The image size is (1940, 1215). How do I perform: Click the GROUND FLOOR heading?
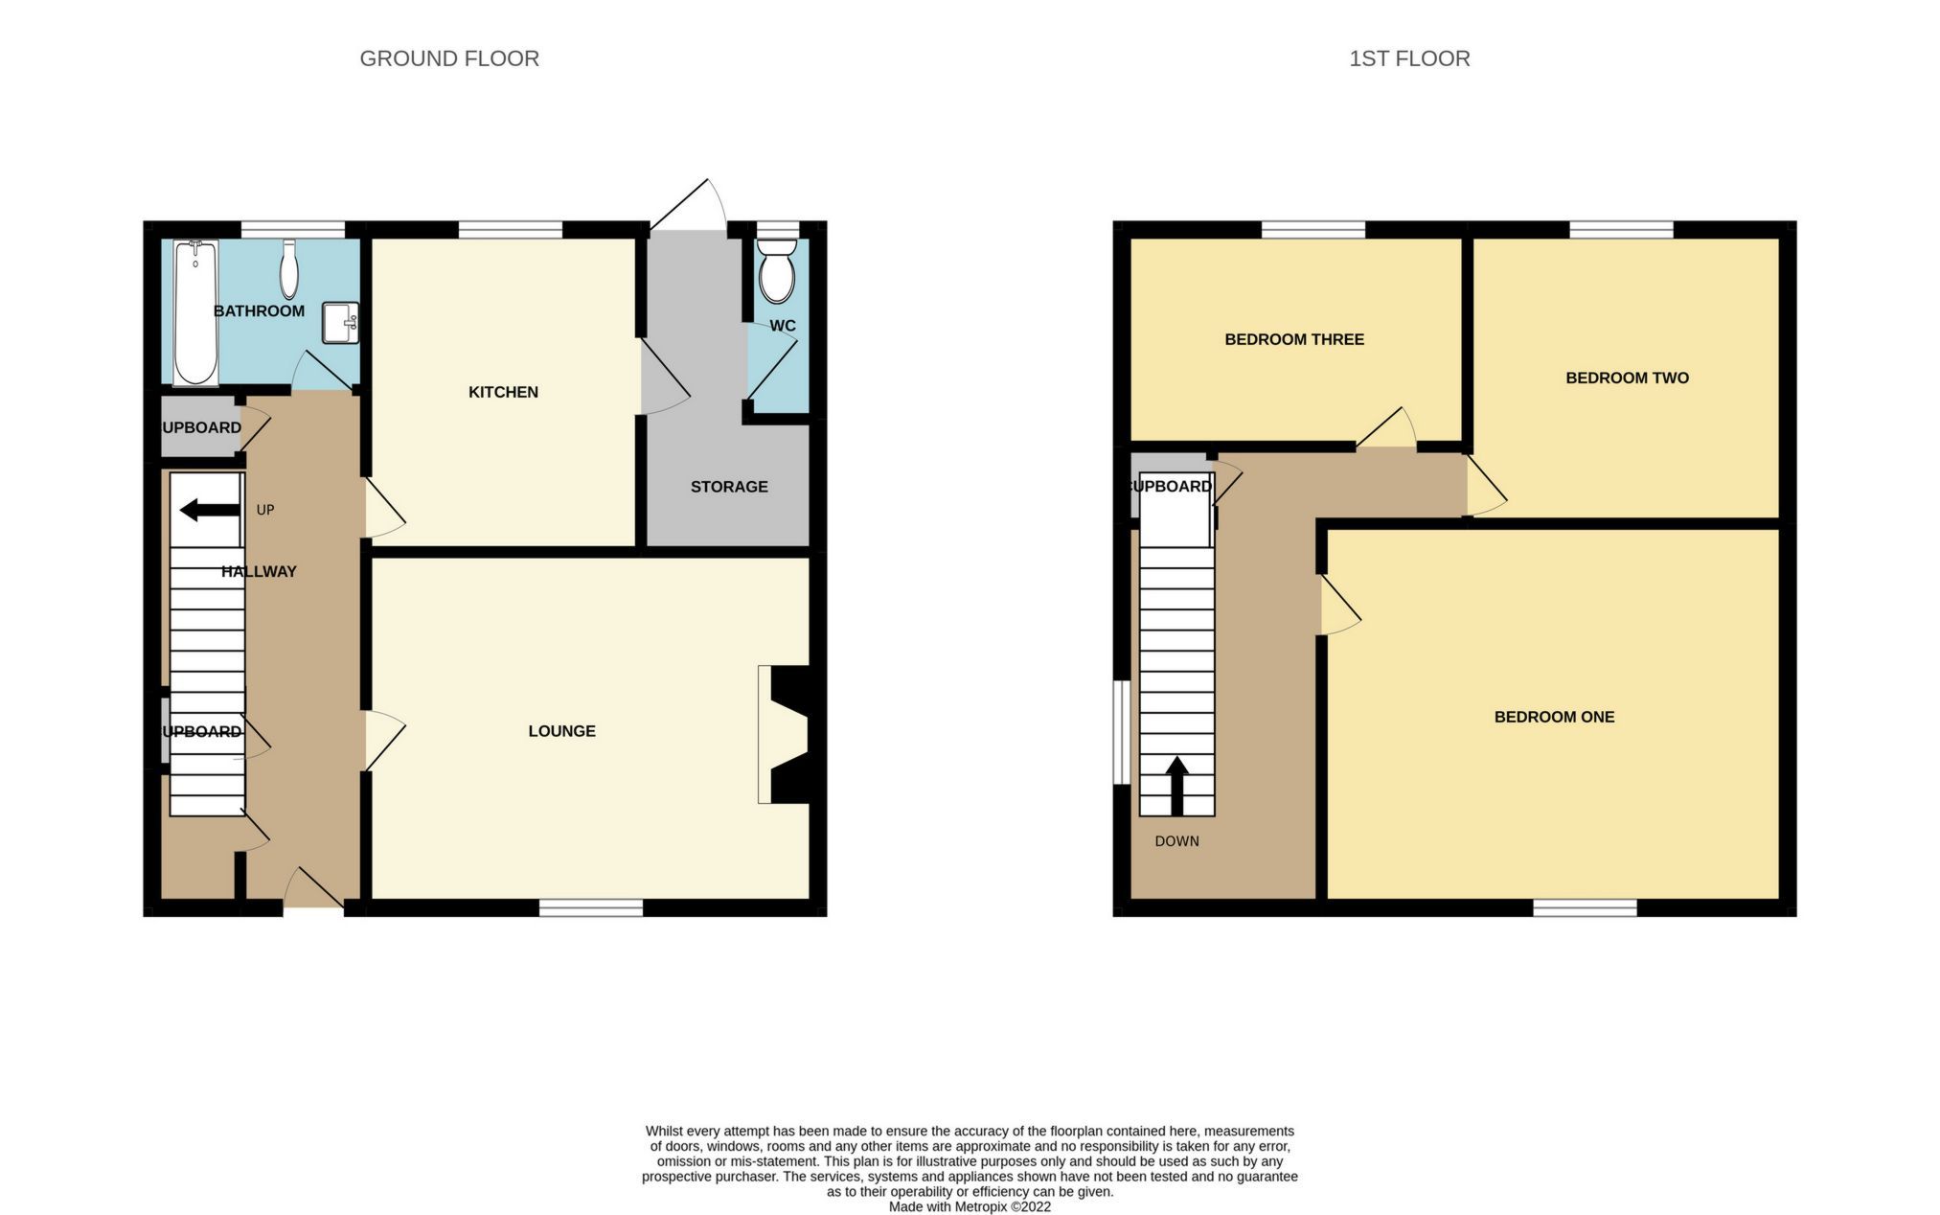tap(448, 58)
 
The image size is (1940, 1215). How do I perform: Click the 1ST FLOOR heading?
tap(1408, 58)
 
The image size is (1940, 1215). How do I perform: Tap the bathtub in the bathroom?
tap(195, 312)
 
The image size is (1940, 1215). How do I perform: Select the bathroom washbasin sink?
tap(339, 322)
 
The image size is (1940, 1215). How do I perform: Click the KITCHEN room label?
tap(503, 392)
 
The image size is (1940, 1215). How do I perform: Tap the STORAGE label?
tap(729, 487)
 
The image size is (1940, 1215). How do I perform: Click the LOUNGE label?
tap(561, 731)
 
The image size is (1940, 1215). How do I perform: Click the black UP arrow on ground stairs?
tap(209, 510)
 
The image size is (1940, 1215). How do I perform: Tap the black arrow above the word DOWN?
tap(1176, 785)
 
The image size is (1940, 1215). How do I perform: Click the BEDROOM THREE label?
tap(1293, 339)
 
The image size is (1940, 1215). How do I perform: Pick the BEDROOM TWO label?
tap(1626, 378)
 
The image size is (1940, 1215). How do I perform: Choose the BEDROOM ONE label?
tap(1553, 717)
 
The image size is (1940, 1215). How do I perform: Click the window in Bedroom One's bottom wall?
tap(1585, 907)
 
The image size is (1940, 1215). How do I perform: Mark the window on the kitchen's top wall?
tap(510, 229)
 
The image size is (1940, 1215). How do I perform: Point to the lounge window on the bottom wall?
tap(590, 907)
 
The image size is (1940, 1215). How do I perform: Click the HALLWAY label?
tap(259, 572)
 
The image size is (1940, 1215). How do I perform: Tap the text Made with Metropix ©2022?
tap(969, 1207)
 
